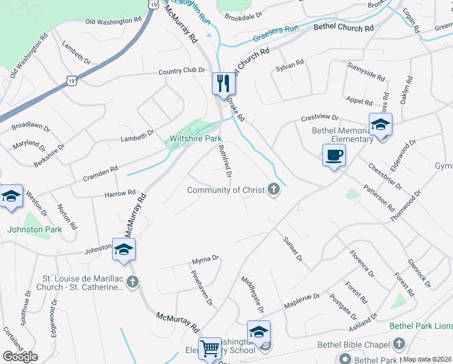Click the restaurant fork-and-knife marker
(x=223, y=83)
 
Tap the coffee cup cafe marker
(x=333, y=155)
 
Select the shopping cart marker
(x=210, y=348)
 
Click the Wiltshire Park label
(x=196, y=139)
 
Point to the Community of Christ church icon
(x=274, y=190)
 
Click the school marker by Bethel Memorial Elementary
(x=380, y=124)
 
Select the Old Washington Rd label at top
(x=113, y=21)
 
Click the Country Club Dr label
(x=182, y=71)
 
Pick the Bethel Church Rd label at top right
(x=343, y=29)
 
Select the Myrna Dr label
(x=205, y=260)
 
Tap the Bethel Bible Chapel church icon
(x=398, y=345)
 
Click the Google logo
(x=20, y=356)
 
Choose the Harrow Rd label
(x=120, y=193)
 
